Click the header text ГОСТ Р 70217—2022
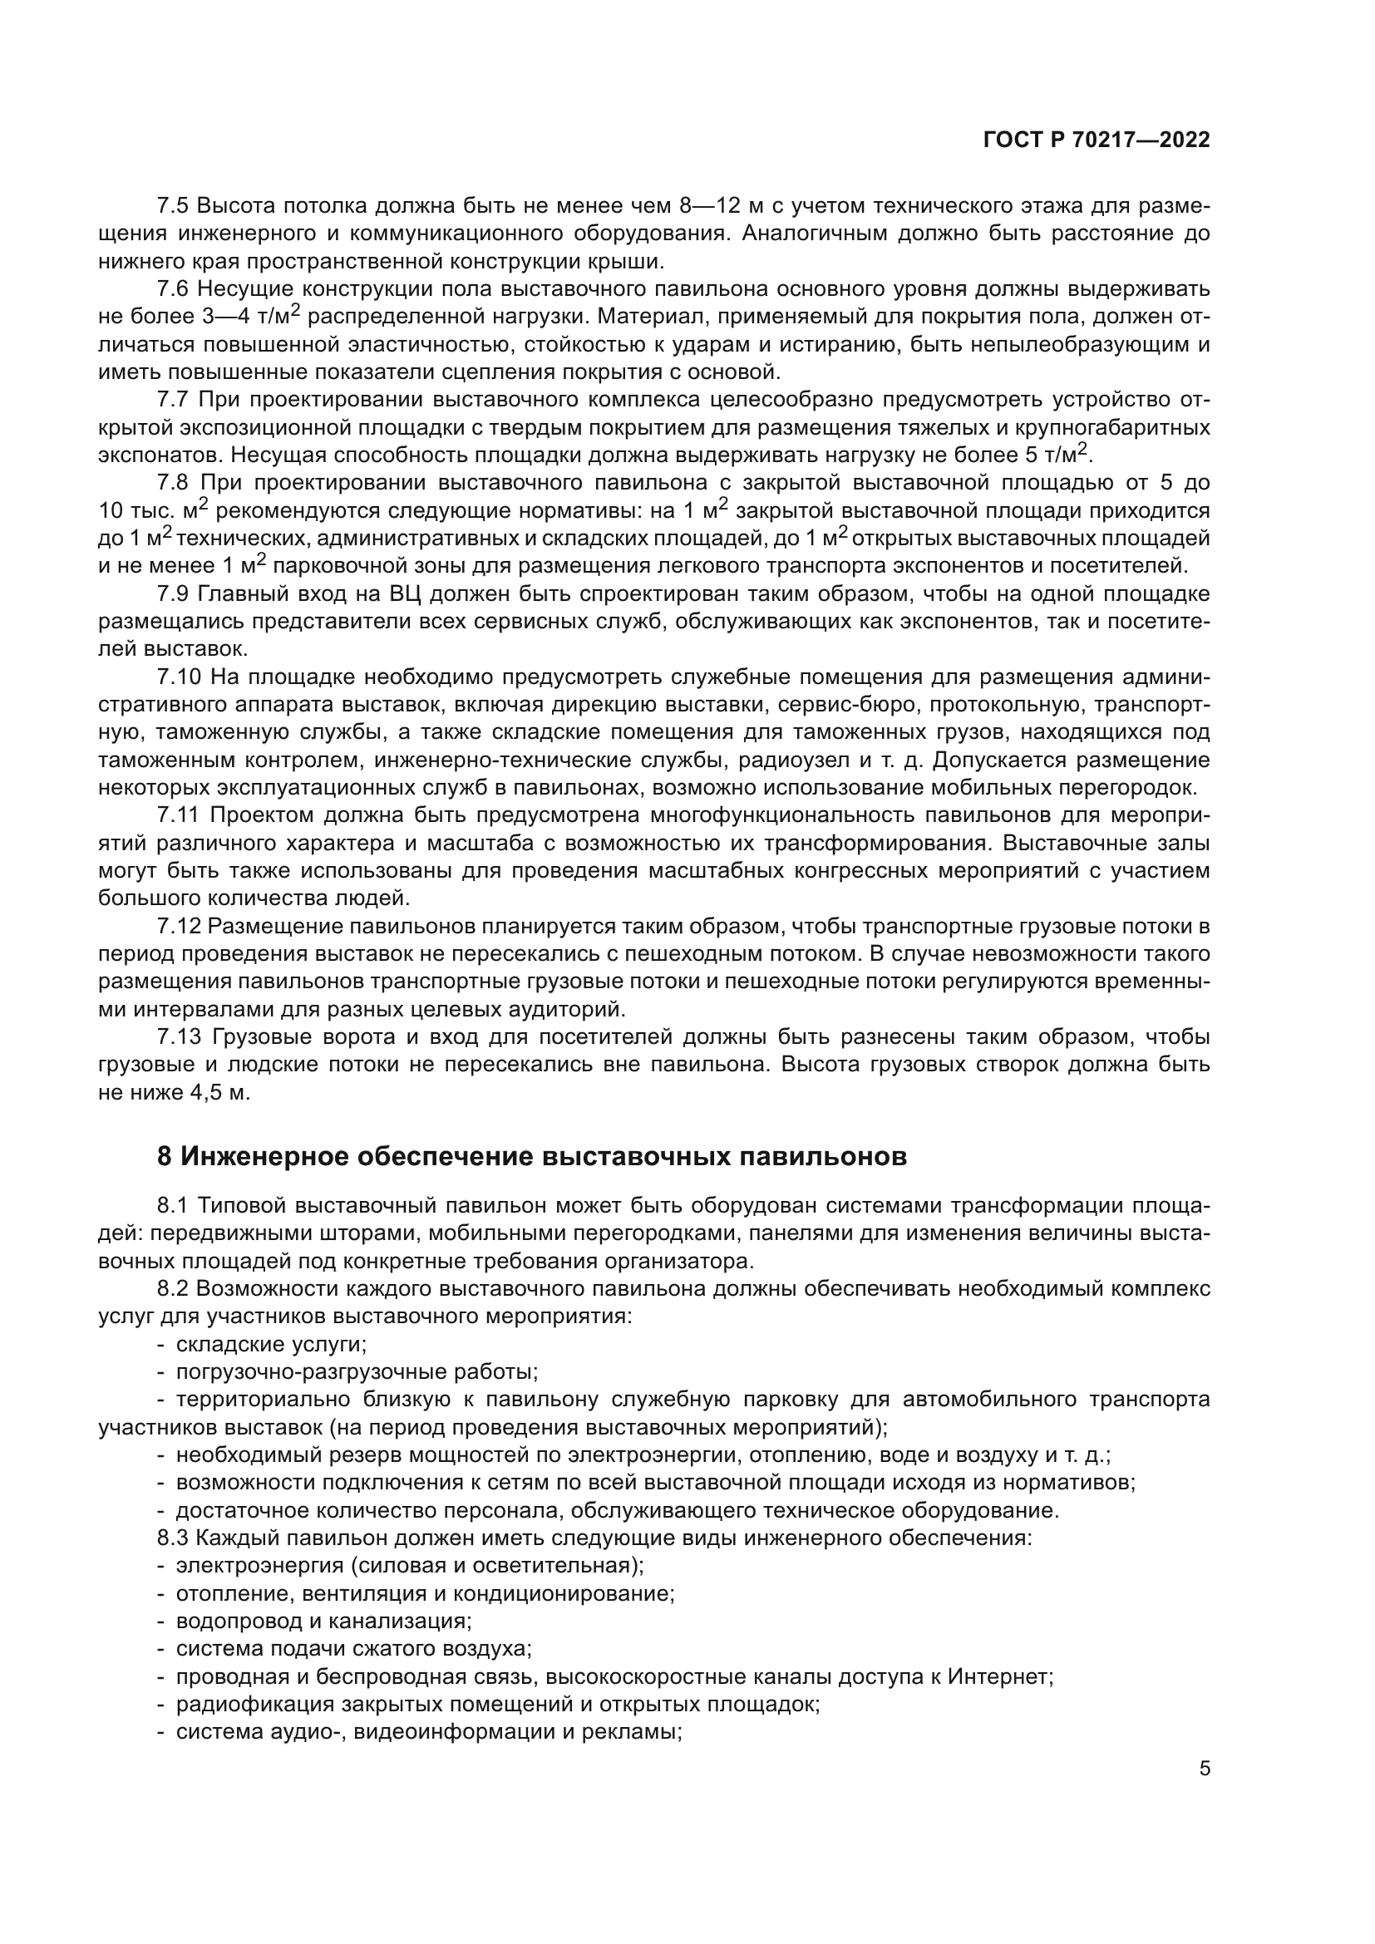(x=1097, y=140)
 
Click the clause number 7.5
(x=174, y=207)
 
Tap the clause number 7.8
(x=174, y=484)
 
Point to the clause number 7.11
(x=179, y=815)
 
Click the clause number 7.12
(x=179, y=926)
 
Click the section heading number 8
(x=165, y=1156)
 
